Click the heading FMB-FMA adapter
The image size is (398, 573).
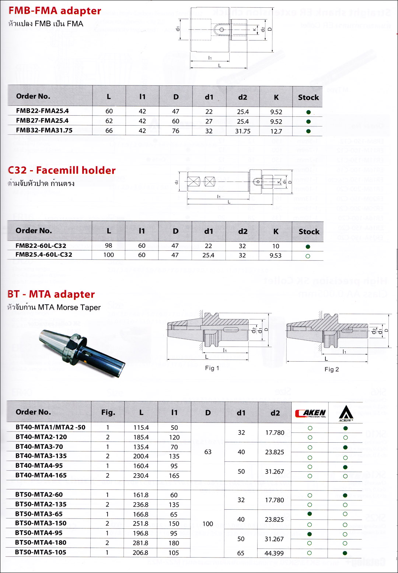click(x=55, y=11)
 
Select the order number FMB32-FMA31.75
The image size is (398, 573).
click(x=44, y=130)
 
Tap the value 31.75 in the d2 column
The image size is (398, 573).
click(x=243, y=131)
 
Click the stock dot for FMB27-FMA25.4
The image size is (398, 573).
click(x=308, y=122)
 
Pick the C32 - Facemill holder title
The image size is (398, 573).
click(x=62, y=170)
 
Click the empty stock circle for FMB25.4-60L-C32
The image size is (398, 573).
click(x=308, y=256)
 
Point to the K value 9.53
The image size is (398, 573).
click(x=275, y=256)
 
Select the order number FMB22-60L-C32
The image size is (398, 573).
click(x=41, y=246)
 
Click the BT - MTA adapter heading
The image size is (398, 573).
click(x=51, y=294)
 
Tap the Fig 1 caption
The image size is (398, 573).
click(x=212, y=368)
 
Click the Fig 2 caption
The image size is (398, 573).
click(x=332, y=369)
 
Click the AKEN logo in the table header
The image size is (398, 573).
click(x=310, y=413)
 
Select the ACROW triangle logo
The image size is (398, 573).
click(x=346, y=413)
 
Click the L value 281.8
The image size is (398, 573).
click(x=141, y=543)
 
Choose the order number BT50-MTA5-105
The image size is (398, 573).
click(x=41, y=552)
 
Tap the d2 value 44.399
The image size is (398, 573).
click(x=274, y=553)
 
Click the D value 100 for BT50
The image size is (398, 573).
click(x=208, y=524)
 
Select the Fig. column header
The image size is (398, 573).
click(x=108, y=412)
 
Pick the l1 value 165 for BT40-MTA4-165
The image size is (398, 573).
click(x=174, y=476)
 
